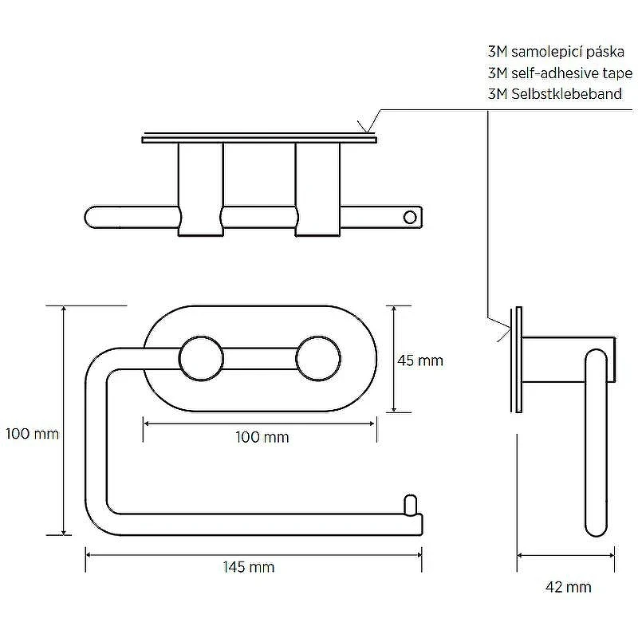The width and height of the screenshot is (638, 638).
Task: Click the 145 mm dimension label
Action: click(x=249, y=567)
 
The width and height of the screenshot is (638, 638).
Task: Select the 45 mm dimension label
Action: click(x=420, y=360)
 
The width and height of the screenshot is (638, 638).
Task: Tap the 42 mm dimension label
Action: click(x=568, y=587)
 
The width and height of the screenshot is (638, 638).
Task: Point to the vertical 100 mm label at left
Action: click(x=32, y=434)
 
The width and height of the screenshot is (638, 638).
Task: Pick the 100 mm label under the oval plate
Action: click(x=262, y=437)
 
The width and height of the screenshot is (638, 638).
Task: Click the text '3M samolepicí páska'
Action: click(x=556, y=52)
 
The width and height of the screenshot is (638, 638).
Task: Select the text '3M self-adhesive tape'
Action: click(x=561, y=73)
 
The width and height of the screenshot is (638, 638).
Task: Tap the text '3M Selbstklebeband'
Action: click(x=555, y=94)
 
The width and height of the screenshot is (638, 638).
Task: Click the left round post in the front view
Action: click(x=201, y=358)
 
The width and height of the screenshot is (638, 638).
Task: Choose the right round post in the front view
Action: click(x=317, y=358)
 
